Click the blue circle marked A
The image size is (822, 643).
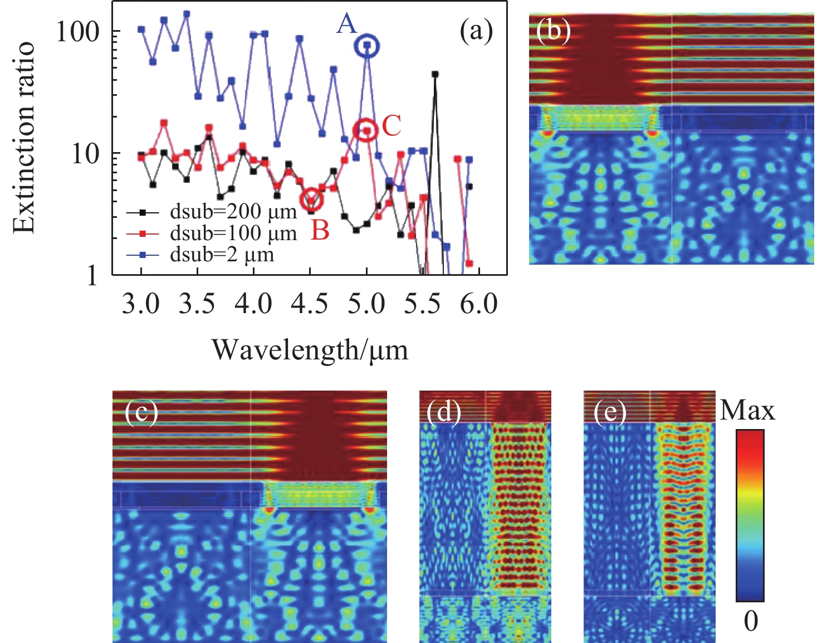[x=367, y=46]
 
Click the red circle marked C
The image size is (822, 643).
[x=365, y=130]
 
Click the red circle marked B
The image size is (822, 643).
[x=311, y=199]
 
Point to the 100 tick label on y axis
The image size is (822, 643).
[x=80, y=32]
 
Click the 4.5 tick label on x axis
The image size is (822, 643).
[x=311, y=305]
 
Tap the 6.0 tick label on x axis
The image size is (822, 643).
[x=479, y=305]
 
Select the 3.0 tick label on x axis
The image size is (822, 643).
[x=141, y=305]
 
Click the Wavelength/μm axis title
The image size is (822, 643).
[x=310, y=350]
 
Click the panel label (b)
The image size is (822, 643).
[x=553, y=31]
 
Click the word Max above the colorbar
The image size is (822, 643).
[x=747, y=411]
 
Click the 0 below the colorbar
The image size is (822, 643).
[x=750, y=621]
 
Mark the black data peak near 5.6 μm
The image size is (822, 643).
[x=435, y=74]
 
